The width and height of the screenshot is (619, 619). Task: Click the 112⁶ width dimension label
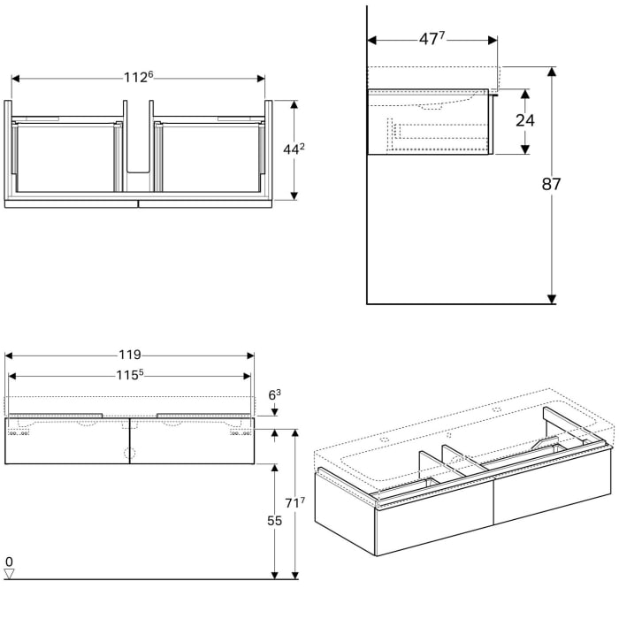pyautogui.click(x=138, y=78)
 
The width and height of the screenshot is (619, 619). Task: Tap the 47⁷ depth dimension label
pyautogui.click(x=431, y=40)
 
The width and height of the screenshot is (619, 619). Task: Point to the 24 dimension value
pyautogui.click(x=525, y=120)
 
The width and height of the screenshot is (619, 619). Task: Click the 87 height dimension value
pyautogui.click(x=552, y=185)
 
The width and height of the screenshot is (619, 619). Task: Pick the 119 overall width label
pyautogui.click(x=129, y=355)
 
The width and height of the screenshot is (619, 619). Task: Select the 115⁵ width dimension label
pyautogui.click(x=129, y=375)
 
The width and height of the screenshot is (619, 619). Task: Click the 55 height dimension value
pyautogui.click(x=274, y=521)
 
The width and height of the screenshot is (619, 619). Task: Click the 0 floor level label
pyautogui.click(x=9, y=562)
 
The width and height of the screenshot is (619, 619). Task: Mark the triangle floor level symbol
pyautogui.click(x=10, y=574)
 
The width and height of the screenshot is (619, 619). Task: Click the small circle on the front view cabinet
pyautogui.click(x=130, y=454)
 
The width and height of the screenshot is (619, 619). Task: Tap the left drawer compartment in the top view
pyautogui.click(x=66, y=157)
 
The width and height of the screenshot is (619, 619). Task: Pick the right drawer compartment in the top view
pyautogui.click(x=209, y=157)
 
